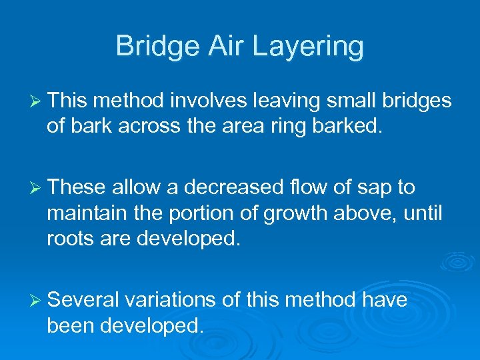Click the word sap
[x=369, y=189]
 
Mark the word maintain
[x=85, y=213]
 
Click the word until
[x=424, y=213]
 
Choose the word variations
[x=173, y=300]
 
